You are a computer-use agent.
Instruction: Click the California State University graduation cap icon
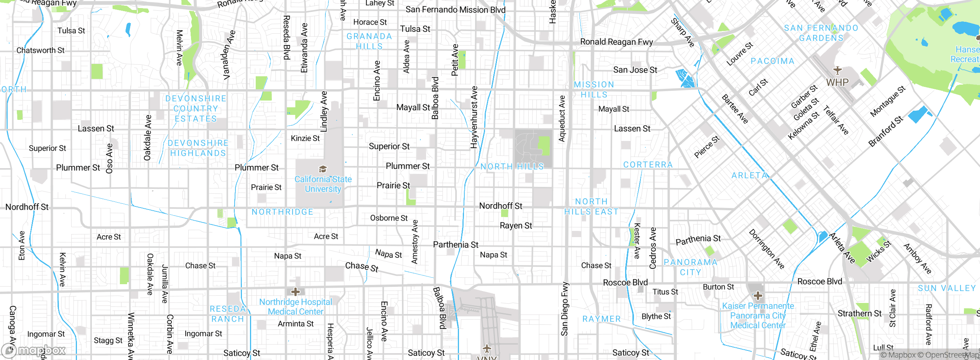323,169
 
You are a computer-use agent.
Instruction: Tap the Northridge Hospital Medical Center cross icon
295,292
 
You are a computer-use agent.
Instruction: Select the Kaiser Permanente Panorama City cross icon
758,296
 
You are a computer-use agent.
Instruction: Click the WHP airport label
837,82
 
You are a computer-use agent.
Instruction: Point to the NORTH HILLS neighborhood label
512,167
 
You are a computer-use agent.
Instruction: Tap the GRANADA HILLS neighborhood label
369,41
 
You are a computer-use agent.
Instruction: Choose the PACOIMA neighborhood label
773,61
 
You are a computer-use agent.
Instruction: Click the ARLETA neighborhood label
750,175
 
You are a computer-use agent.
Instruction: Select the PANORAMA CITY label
690,267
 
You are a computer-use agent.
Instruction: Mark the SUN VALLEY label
947,288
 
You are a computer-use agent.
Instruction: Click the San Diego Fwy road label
565,309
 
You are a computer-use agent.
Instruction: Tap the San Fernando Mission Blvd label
455,10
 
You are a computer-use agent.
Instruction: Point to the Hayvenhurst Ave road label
474,117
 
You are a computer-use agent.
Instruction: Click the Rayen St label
516,226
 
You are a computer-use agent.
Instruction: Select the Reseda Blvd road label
286,38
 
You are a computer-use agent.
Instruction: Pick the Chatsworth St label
40,50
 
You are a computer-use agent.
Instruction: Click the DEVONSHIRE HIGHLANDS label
198,148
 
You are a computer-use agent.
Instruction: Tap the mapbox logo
34,350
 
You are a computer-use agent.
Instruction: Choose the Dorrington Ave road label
767,249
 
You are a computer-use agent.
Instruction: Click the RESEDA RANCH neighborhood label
227,314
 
